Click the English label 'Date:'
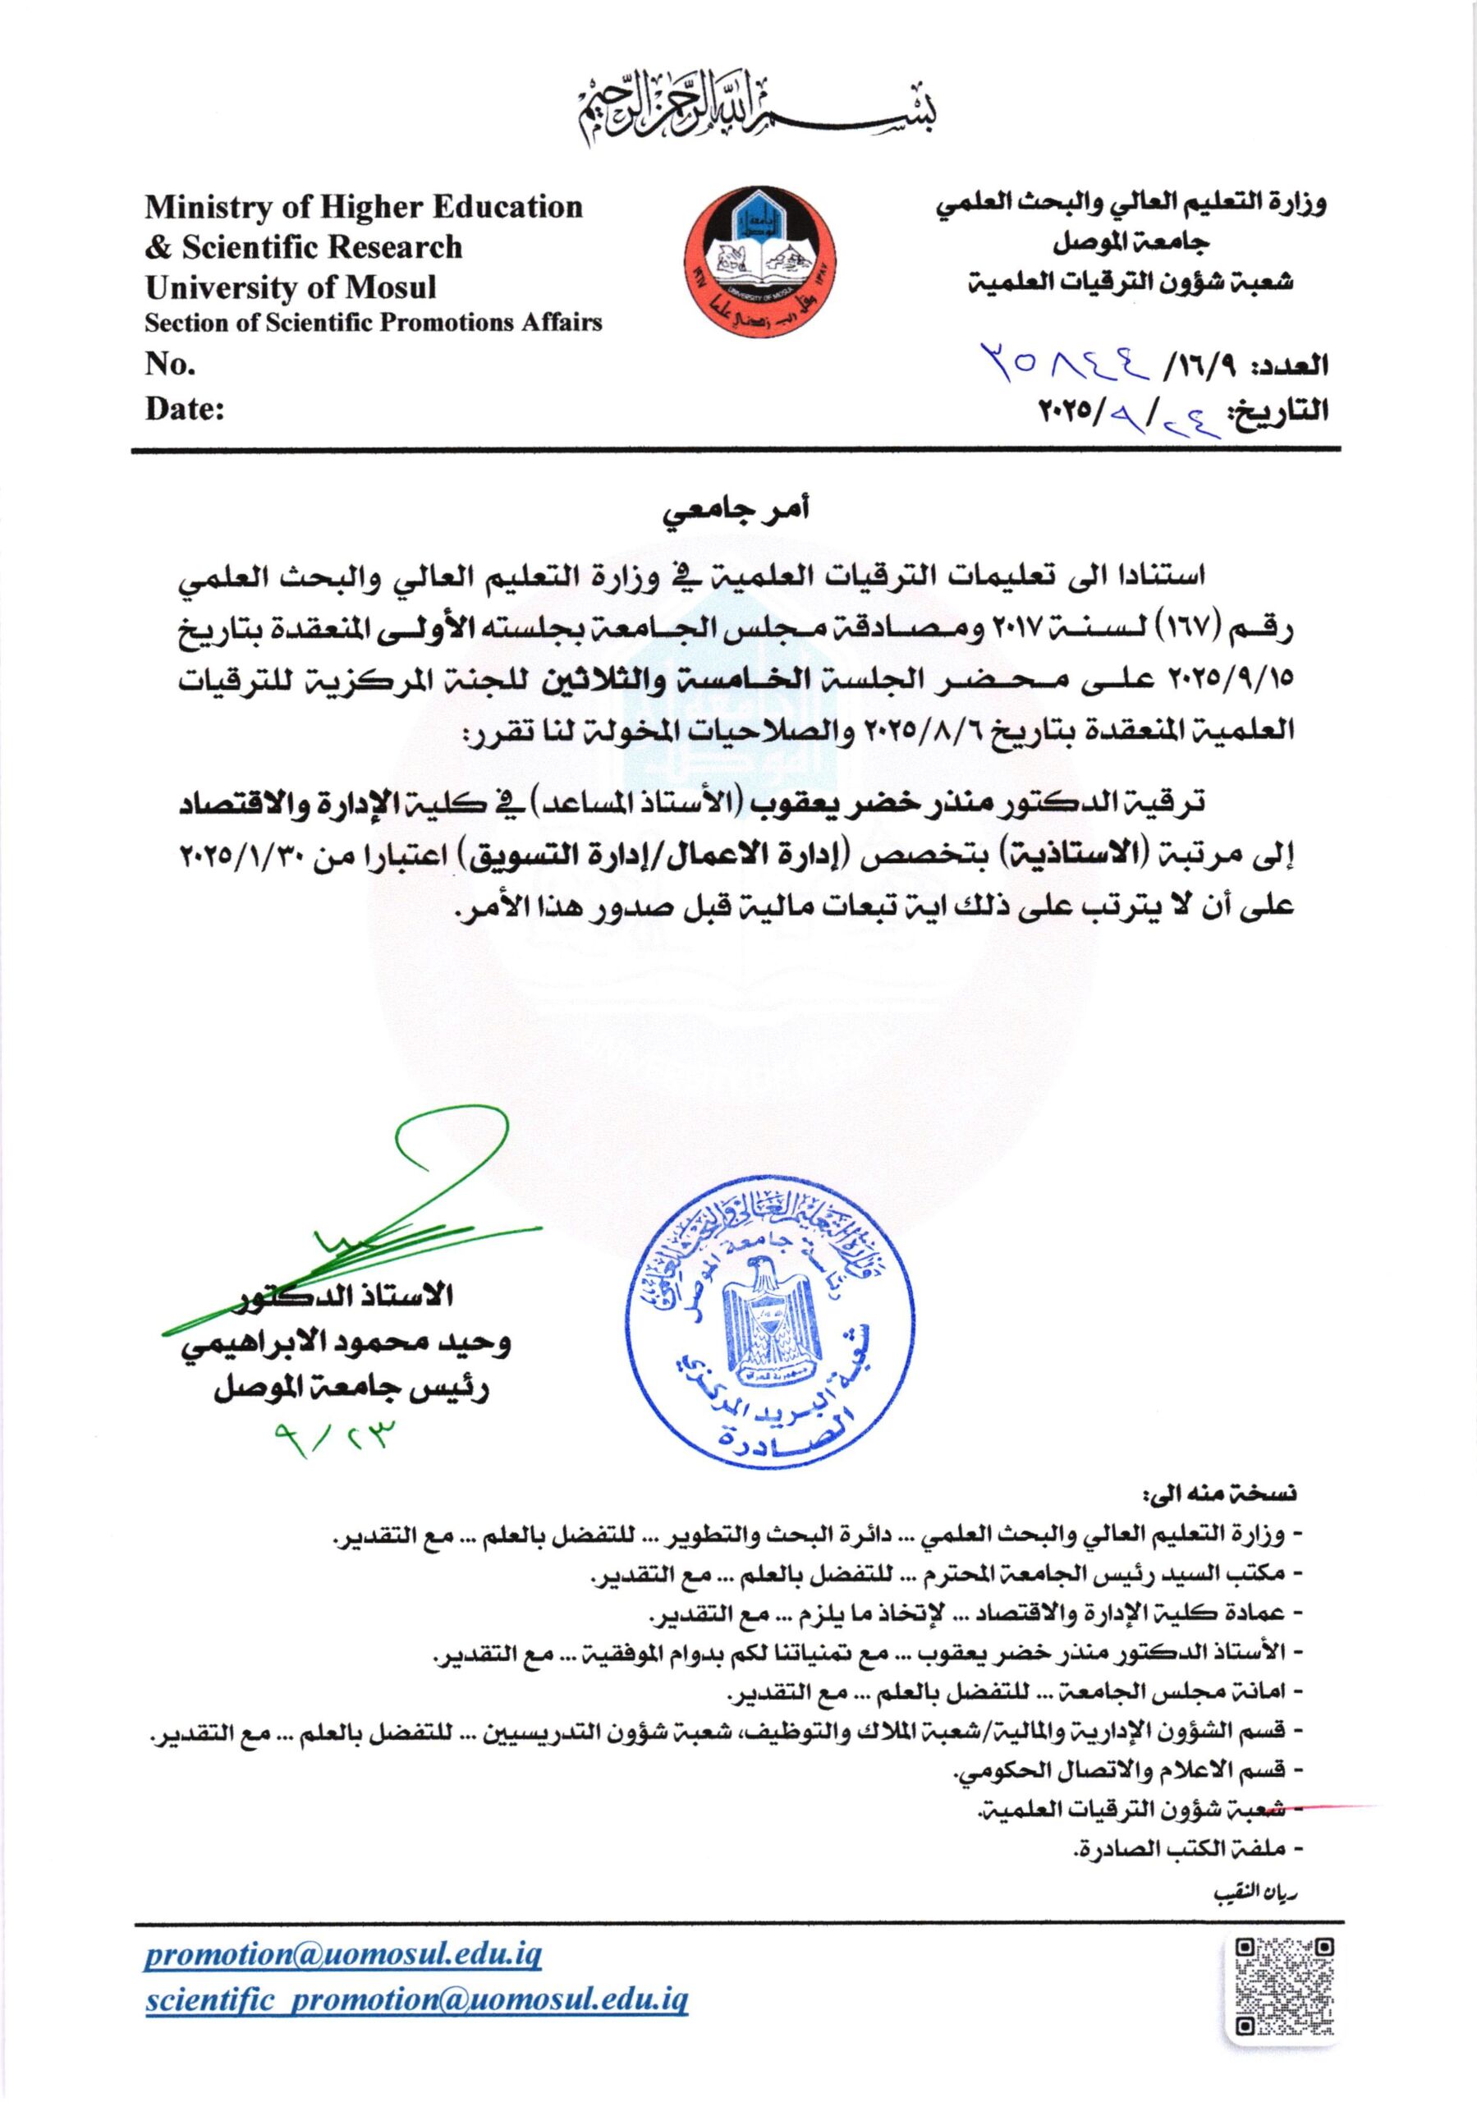click(x=185, y=408)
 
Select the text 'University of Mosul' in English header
click(x=291, y=287)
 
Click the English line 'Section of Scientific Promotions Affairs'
click(x=374, y=322)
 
